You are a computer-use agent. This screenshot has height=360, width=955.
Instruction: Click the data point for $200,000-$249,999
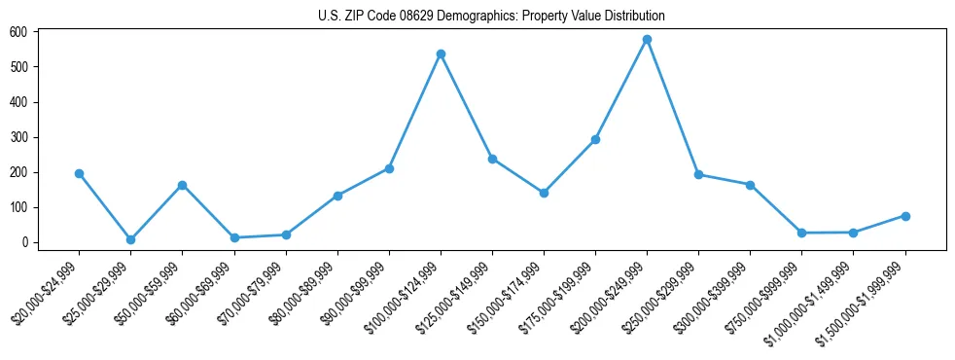pos(647,40)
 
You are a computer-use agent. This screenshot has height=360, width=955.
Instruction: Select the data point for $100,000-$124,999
pos(441,54)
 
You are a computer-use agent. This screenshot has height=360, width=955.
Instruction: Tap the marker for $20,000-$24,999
pos(79,173)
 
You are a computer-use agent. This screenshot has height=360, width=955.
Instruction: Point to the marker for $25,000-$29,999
pos(130,239)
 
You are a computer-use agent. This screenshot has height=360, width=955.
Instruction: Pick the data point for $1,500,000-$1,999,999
pos(904,216)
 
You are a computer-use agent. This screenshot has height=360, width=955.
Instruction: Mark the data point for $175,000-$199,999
pos(595,139)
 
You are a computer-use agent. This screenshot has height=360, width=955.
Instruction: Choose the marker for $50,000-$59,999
pos(182,185)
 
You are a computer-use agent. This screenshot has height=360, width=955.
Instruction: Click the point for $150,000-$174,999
pos(544,193)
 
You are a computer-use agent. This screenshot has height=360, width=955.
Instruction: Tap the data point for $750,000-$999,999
pos(801,233)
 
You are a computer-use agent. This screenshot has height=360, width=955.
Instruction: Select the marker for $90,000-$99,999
pos(389,168)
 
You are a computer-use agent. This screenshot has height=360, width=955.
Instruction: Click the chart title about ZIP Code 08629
pos(491,16)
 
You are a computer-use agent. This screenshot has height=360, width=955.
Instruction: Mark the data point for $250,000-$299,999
pos(698,175)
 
